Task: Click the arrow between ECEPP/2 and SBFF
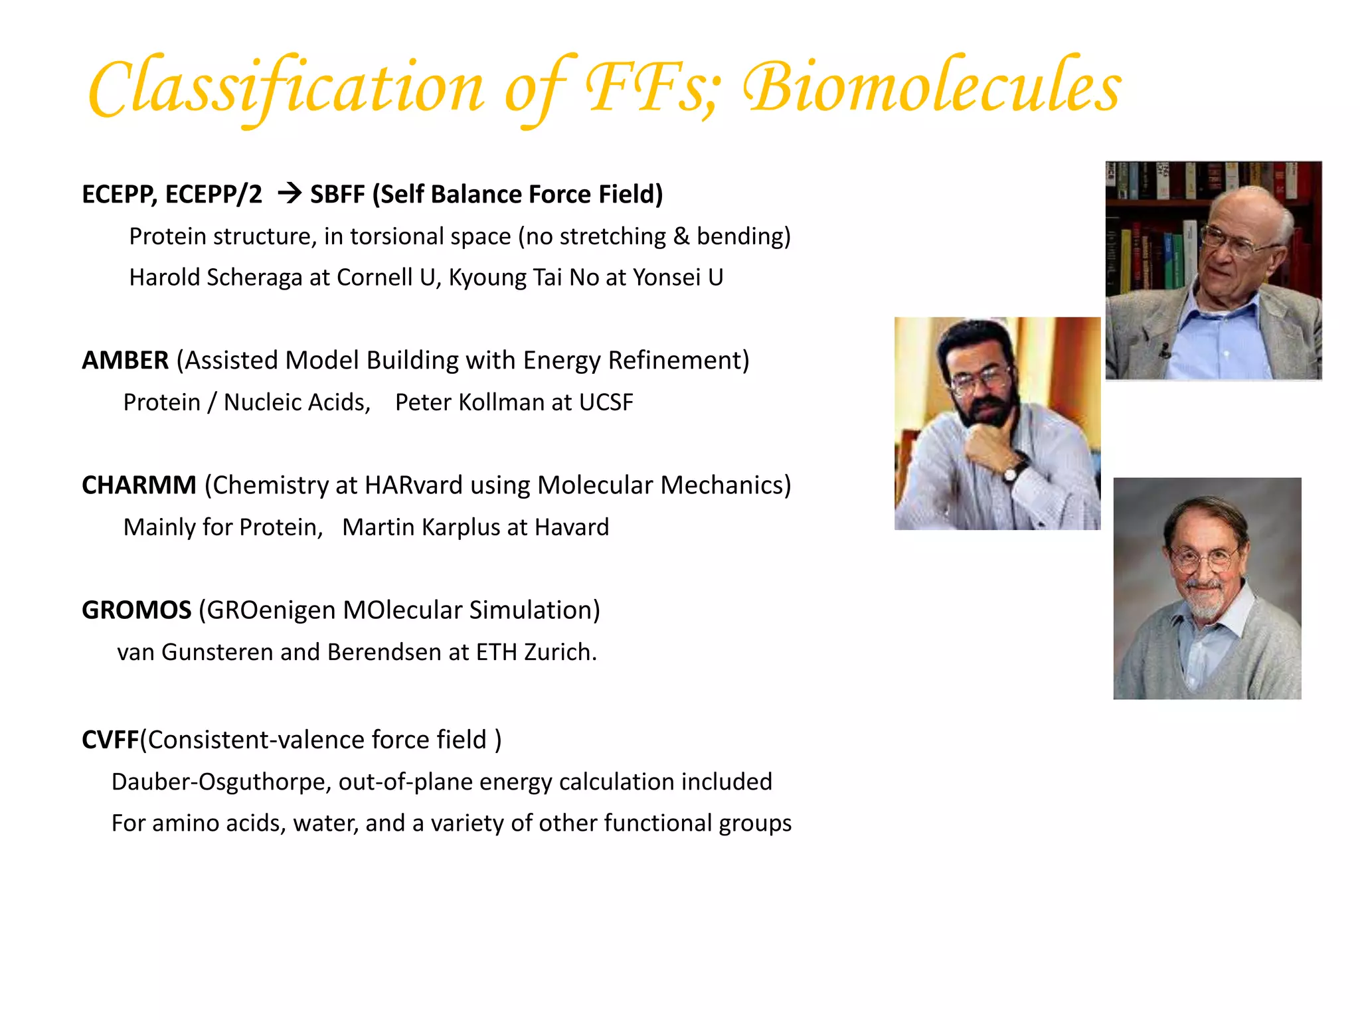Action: tap(290, 194)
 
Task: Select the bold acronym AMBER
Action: tap(125, 361)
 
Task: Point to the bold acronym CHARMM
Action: tap(139, 485)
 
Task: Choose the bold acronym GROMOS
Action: tap(136, 610)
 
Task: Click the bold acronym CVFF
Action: tap(110, 740)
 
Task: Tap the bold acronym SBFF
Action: tap(337, 195)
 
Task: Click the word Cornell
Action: tap(375, 278)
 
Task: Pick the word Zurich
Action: tap(560, 652)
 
